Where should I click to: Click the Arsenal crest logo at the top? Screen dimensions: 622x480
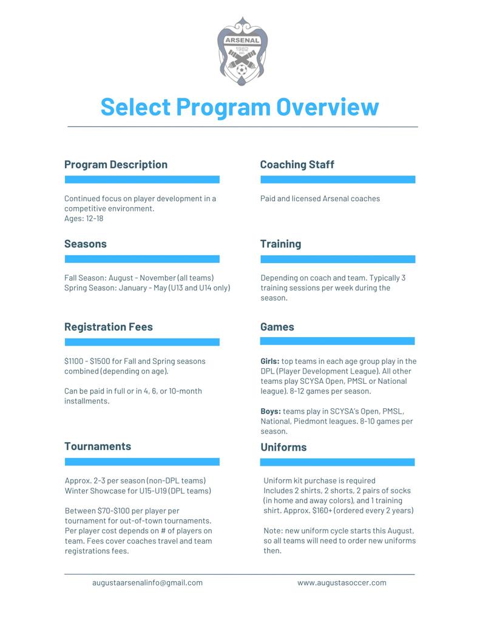click(x=242, y=52)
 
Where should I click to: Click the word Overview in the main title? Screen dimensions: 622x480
click(x=327, y=107)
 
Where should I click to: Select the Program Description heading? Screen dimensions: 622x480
click(x=116, y=165)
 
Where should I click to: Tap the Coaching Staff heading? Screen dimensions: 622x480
click(x=297, y=165)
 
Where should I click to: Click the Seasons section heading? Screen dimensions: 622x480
click(x=86, y=244)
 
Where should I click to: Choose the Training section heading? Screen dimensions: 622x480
click(x=280, y=244)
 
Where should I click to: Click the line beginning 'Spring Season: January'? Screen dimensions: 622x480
click(x=147, y=288)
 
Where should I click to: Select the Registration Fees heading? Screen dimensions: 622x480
click(x=109, y=327)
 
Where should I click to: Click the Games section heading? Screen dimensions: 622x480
click(x=277, y=327)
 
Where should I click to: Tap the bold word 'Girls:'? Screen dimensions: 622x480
click(x=270, y=361)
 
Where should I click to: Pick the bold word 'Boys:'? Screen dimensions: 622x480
click(x=271, y=411)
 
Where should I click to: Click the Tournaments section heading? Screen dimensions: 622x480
click(x=98, y=446)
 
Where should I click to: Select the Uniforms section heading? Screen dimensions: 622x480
click(x=283, y=448)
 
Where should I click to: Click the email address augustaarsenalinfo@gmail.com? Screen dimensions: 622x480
click(x=147, y=583)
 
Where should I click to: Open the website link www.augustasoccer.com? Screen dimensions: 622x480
click(x=342, y=583)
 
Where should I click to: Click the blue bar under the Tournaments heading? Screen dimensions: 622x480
click(x=142, y=462)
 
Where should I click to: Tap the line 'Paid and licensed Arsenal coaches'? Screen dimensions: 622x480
click(x=320, y=199)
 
